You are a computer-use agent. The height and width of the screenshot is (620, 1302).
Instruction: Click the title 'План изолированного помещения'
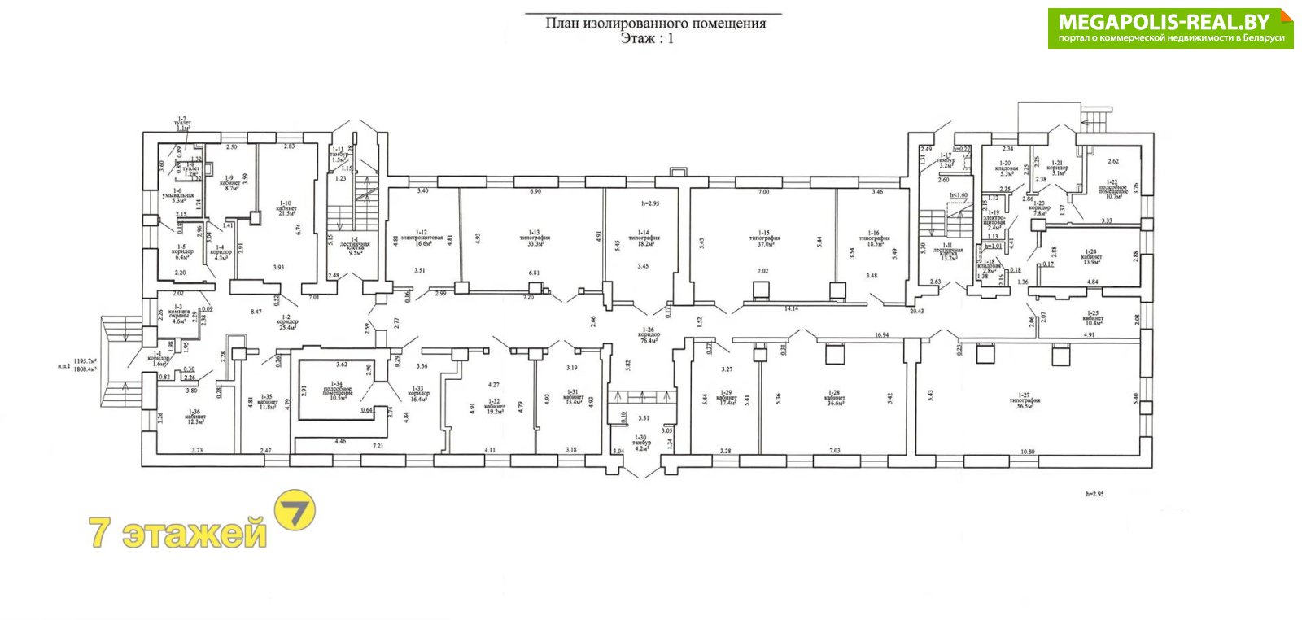pos(654,24)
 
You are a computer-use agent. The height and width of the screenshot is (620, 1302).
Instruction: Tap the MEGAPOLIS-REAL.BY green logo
pos(1170,28)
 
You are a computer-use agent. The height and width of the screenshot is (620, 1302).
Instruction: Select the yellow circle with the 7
pos(295,511)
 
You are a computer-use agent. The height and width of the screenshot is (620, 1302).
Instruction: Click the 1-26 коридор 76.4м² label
pos(649,334)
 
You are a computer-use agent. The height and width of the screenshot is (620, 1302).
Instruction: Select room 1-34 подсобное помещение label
pos(337,391)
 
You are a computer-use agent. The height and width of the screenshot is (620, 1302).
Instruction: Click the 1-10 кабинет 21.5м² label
pos(286,209)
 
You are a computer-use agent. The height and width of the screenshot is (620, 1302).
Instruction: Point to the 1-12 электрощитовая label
pos(422,238)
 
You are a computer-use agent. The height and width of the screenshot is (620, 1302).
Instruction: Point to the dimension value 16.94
pos(881,334)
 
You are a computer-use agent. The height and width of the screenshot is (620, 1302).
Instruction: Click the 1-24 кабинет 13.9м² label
pos(1090,257)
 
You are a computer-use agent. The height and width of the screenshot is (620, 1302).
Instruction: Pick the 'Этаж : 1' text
pos(647,38)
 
